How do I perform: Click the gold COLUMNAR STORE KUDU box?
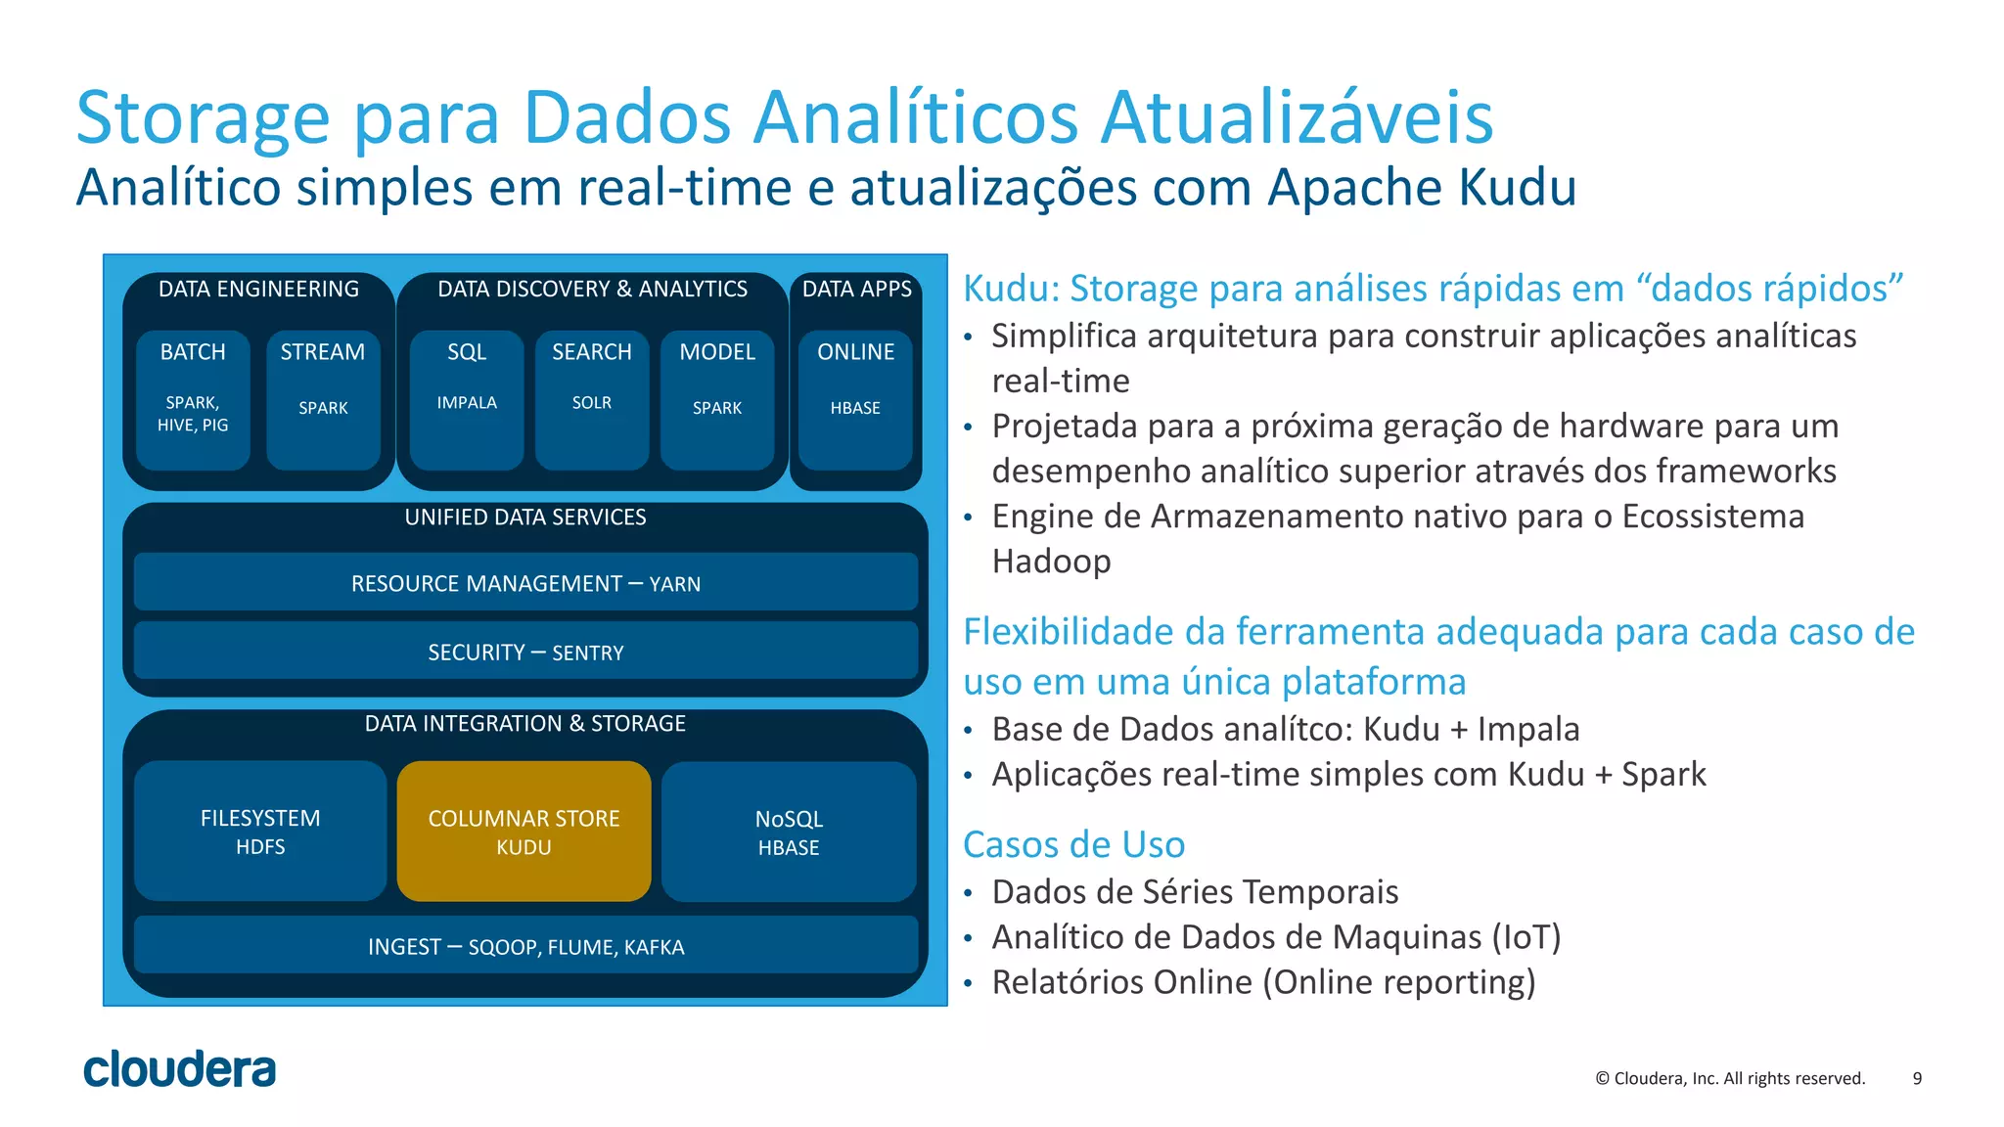(524, 831)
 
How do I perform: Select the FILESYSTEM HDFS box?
(260, 831)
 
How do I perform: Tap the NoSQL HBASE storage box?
(789, 832)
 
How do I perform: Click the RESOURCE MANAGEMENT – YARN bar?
(525, 583)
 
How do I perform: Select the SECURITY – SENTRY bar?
(525, 652)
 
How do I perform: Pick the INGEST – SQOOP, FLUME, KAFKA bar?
(525, 946)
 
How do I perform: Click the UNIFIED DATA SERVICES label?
(525, 517)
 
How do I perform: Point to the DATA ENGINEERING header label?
(258, 289)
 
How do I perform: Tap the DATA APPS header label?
(856, 289)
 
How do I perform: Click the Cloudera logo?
(180, 1069)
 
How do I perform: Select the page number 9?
(1917, 1078)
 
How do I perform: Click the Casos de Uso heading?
(1073, 844)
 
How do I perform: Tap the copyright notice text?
(1730, 1078)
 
